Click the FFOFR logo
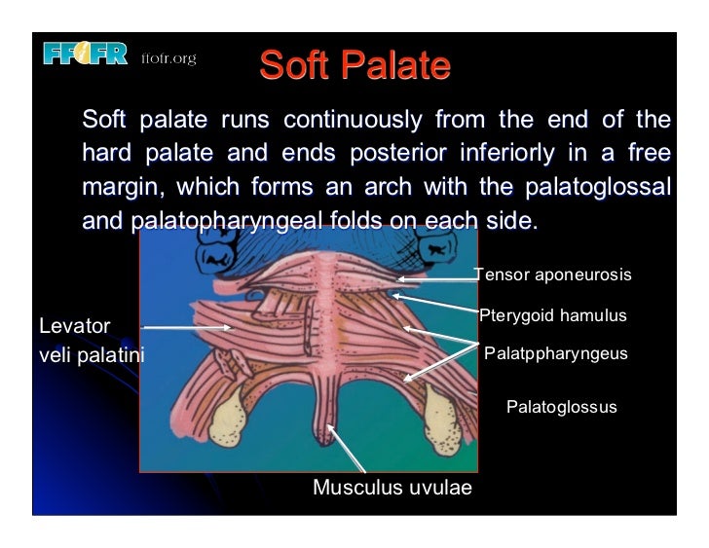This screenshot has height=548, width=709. [x=85, y=55]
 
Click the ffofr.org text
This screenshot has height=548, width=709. [x=168, y=58]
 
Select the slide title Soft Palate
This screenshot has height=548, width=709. [x=354, y=66]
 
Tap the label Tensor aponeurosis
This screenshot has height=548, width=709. [x=552, y=275]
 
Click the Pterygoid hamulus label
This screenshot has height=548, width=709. [x=552, y=316]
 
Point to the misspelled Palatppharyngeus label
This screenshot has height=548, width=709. [x=555, y=354]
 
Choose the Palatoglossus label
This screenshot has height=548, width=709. [x=561, y=407]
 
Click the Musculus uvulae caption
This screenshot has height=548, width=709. [x=392, y=488]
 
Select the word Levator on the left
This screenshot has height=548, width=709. [x=75, y=326]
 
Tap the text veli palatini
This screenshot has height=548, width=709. [x=91, y=355]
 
